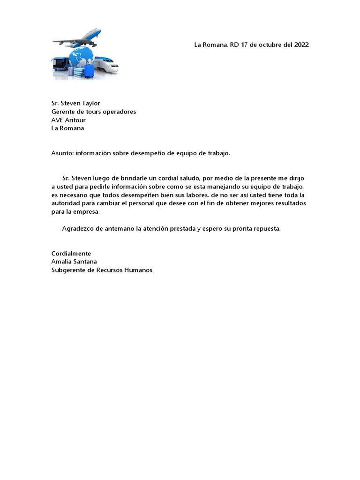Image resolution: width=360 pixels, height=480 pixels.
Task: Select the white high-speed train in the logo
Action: [x=107, y=65]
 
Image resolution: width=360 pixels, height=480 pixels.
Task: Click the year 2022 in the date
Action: [x=301, y=45]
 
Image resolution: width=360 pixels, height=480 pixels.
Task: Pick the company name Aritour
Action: [x=75, y=120]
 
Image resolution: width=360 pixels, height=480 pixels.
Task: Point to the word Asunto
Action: [x=61, y=153]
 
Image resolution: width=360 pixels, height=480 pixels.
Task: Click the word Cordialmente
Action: [x=71, y=254]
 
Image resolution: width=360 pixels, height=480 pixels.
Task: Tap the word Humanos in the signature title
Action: [x=138, y=270]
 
